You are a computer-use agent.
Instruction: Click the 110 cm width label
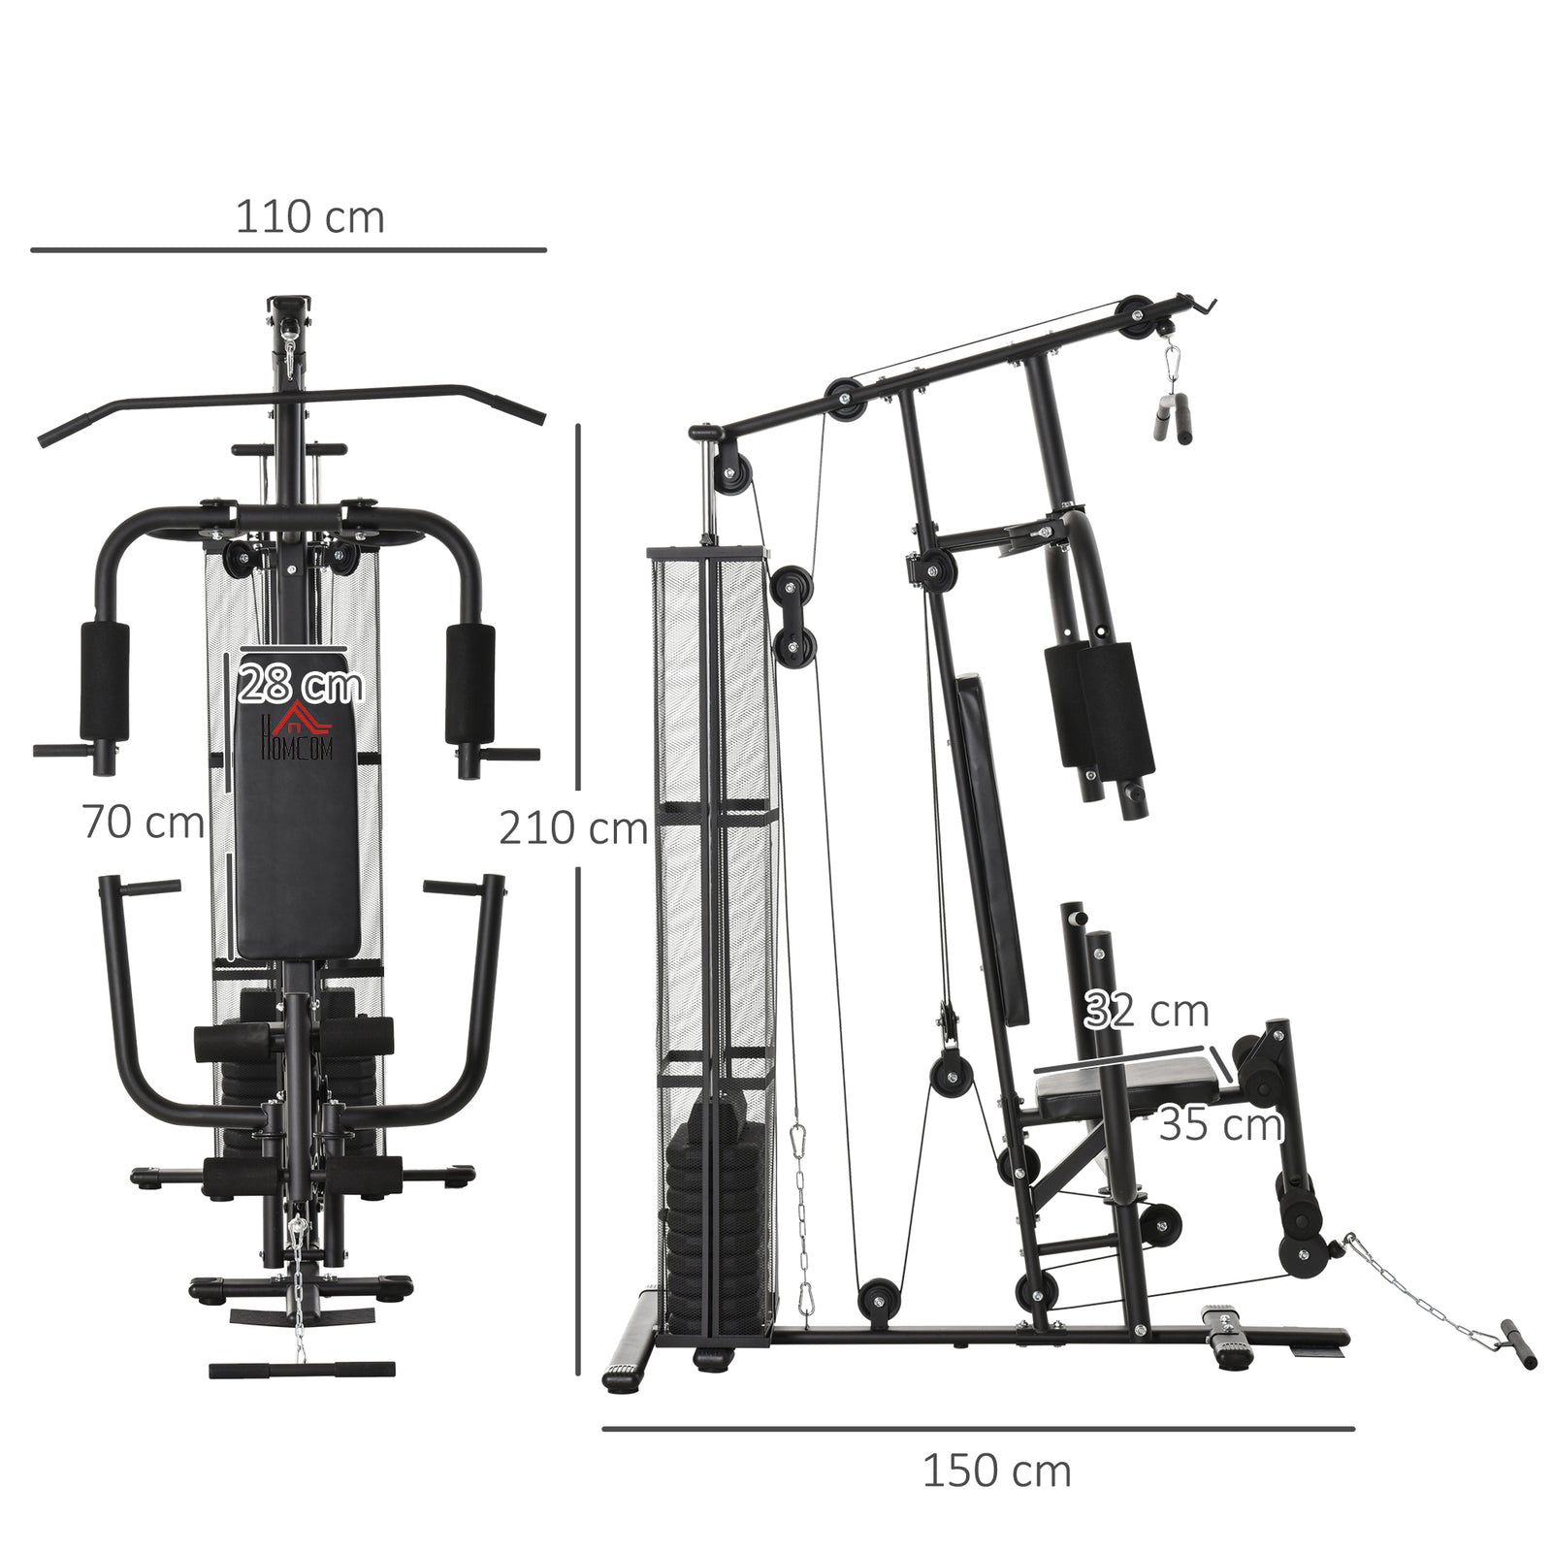[x=309, y=217]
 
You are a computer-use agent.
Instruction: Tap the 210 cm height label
[x=572, y=829]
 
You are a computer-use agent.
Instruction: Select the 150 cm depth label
[x=996, y=1471]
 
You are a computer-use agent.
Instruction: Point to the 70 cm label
[x=143, y=823]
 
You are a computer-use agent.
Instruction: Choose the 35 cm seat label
[x=1220, y=1125]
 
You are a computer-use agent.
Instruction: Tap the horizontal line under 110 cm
[x=288, y=250]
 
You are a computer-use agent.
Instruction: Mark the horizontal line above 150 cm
[x=977, y=1428]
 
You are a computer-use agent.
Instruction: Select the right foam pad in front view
[x=469, y=683]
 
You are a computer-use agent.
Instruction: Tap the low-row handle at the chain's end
[x=1520, y=1342]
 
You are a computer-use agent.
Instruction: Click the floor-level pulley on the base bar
[x=879, y=1300]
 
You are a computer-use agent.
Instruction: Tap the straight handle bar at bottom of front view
[x=289, y=1370]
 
